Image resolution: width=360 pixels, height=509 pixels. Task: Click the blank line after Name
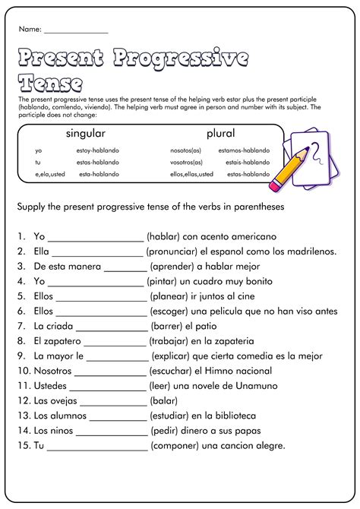[76, 31]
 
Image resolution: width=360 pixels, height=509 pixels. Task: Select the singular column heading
[85, 133]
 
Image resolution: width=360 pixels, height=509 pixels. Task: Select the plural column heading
[220, 133]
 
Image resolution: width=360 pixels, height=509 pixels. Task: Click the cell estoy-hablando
[98, 150]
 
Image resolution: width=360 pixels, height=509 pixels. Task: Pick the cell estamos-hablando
[244, 150]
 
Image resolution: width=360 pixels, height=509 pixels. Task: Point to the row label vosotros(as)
[186, 162]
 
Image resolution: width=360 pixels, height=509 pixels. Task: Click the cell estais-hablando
[244, 162]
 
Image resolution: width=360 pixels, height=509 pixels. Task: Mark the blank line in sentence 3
[125, 267]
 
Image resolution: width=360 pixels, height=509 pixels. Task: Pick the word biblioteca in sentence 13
[232, 416]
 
